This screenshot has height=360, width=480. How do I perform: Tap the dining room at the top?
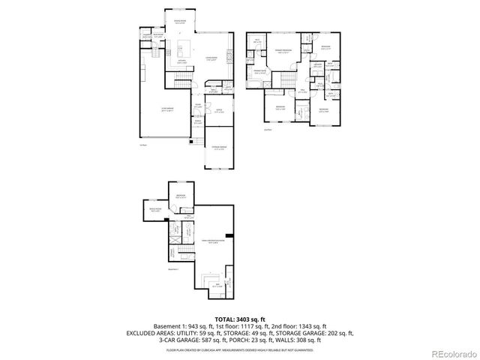(x=181, y=22)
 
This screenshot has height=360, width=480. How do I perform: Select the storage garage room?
(x=218, y=148)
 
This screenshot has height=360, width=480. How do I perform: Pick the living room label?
(x=211, y=59)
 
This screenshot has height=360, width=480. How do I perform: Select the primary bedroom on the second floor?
(x=283, y=52)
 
